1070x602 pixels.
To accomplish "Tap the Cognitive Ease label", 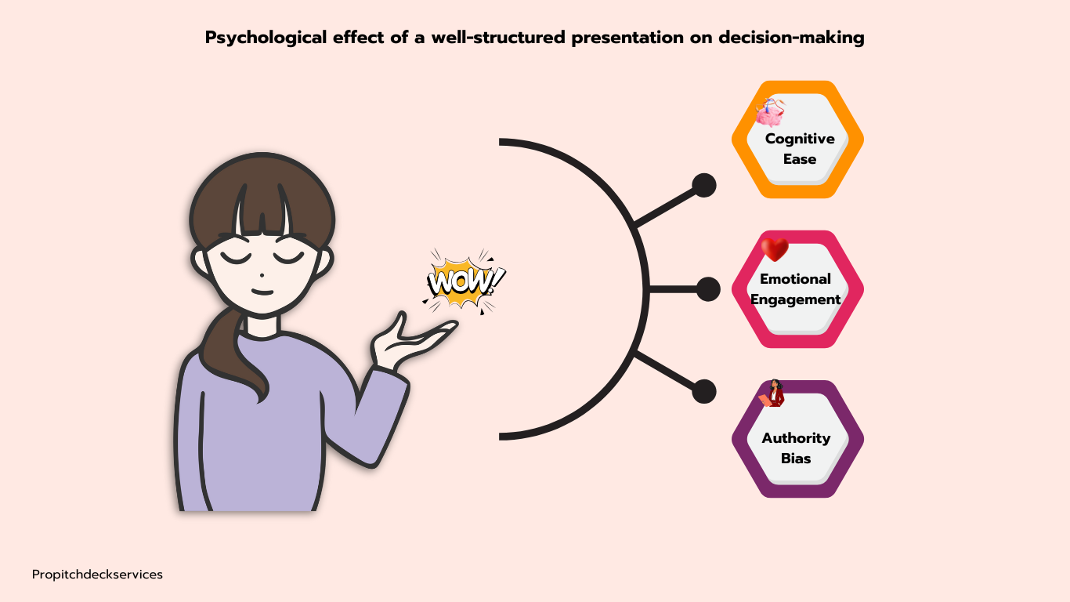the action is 799,149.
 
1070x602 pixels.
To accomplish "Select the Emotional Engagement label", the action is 796,289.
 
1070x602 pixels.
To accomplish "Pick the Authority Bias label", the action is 796,448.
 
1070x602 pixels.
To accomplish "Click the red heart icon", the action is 775,249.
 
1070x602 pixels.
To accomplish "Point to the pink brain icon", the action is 769,114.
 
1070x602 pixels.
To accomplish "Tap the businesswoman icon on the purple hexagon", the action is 774,393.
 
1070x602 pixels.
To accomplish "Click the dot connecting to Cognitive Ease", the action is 704,186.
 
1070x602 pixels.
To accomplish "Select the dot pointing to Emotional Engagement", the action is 708,289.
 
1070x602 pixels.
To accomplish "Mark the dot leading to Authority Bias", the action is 704,391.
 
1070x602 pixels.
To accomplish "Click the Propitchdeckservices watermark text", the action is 97,575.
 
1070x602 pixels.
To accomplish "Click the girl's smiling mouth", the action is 262,292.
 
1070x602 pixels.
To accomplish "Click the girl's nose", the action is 261,274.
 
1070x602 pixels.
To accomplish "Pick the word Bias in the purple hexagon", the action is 796,459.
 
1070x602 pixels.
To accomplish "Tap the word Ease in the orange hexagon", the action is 799,159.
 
